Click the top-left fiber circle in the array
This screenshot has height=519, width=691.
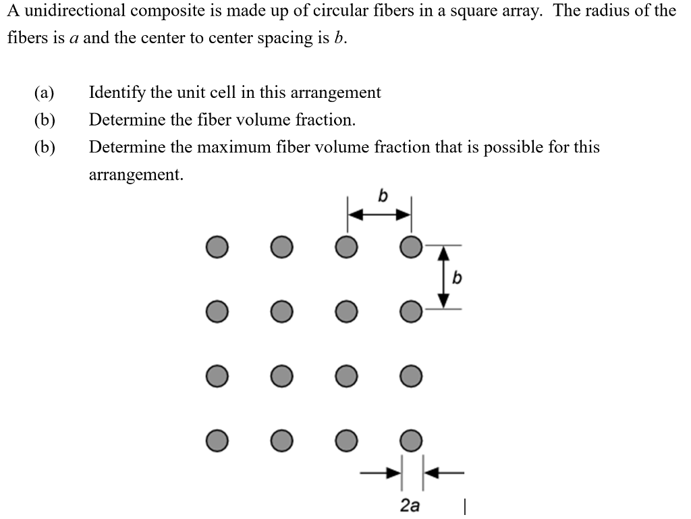217,247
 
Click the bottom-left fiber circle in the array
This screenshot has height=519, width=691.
217,440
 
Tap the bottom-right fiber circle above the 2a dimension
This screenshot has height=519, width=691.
410,440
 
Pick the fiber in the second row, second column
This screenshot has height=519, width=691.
281,311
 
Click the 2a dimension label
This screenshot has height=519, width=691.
410,504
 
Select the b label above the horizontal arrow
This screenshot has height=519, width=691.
382,196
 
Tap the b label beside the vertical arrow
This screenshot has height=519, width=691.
457,277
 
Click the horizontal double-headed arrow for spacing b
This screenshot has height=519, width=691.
379,215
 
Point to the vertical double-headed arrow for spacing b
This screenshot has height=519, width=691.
443,277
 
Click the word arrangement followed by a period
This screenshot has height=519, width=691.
136,175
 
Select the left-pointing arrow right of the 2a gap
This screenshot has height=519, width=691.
443,472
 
